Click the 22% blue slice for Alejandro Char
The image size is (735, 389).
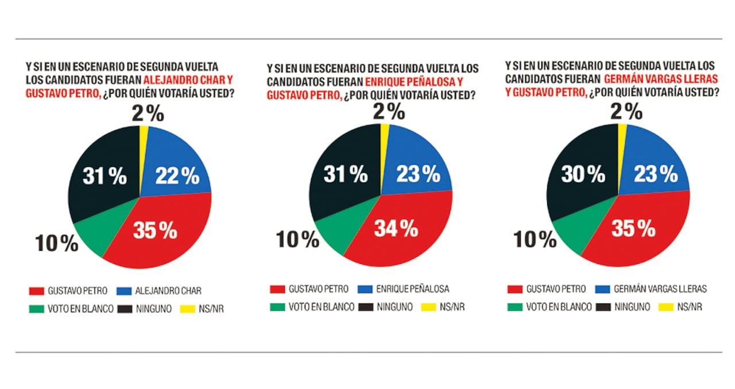click(x=175, y=166)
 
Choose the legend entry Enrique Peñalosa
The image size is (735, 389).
click(x=412, y=288)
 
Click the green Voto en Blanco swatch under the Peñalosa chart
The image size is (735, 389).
click(x=277, y=307)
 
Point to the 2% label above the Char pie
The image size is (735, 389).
click(x=148, y=114)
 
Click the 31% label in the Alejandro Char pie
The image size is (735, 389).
click(x=104, y=177)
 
